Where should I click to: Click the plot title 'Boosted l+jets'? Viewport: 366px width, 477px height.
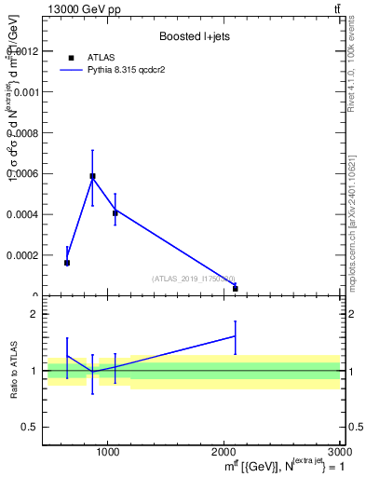click(194, 35)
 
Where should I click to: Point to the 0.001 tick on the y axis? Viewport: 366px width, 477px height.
click(30, 91)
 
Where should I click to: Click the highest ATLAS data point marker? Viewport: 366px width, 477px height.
click(92, 176)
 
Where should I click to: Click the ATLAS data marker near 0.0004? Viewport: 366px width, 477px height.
click(115, 213)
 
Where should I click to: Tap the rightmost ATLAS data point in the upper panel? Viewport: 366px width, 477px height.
click(236, 289)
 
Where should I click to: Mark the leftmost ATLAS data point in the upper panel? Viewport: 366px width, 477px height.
click(67, 263)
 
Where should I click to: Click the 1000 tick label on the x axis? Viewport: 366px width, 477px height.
click(108, 452)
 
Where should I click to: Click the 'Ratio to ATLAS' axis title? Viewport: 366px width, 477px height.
click(13, 371)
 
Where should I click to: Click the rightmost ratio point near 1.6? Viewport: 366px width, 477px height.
click(236, 336)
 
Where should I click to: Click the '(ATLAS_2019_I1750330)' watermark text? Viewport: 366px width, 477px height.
click(194, 279)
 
